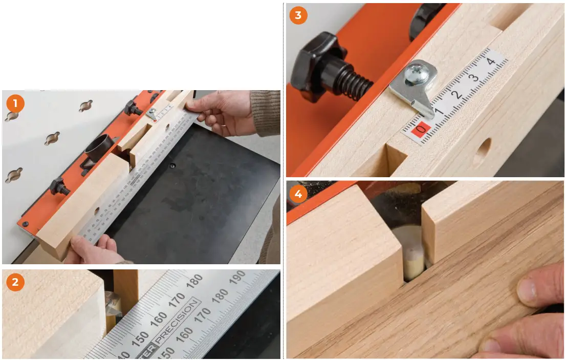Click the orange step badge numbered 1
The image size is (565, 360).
coord(15,104)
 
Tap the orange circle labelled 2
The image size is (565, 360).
coord(15,282)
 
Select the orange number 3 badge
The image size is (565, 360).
coord(298,15)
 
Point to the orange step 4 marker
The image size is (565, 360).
coord(298,194)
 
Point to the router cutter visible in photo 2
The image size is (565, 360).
coord(113,307)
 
